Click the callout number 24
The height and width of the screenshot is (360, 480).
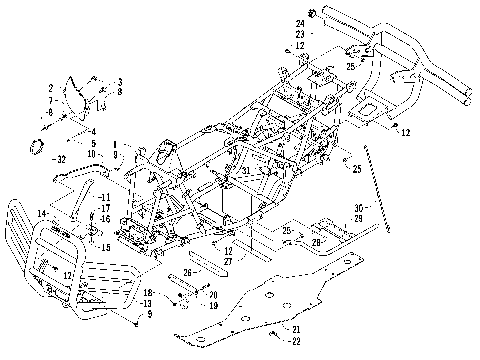tap(300, 21)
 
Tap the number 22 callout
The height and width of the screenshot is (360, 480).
tap(295, 342)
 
